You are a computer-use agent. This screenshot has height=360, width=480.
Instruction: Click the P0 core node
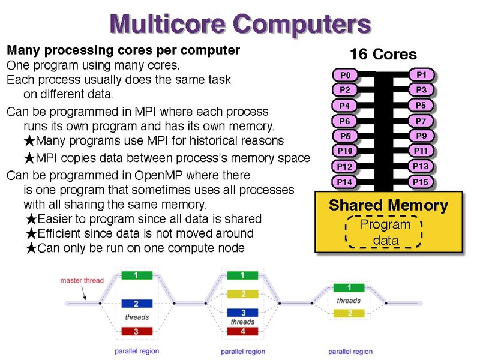[345, 75]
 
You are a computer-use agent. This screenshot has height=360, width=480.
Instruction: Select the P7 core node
[421, 121]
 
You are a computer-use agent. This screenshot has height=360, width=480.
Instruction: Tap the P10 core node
[344, 151]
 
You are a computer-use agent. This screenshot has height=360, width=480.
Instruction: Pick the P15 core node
[421, 182]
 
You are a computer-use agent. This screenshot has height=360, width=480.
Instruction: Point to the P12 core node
[344, 167]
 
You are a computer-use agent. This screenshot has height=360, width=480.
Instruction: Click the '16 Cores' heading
[383, 54]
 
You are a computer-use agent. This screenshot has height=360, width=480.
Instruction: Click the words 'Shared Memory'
[388, 205]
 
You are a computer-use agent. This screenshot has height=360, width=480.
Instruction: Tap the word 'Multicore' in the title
[167, 24]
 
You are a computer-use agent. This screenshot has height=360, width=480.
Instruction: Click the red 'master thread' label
[82, 280]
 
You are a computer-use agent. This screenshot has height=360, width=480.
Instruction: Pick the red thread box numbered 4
[242, 331]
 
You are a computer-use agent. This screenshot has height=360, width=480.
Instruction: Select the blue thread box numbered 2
[137, 304]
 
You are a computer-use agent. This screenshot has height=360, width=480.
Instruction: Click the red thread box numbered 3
[137, 331]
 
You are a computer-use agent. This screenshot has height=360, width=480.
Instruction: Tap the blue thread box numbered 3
[242, 313]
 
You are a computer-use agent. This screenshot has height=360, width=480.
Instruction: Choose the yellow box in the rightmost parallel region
[349, 313]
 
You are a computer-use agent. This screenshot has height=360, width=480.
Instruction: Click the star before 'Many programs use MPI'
[29, 141]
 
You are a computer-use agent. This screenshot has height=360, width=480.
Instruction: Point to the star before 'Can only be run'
[31, 248]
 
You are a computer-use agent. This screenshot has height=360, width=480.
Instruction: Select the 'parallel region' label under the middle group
[243, 352]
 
